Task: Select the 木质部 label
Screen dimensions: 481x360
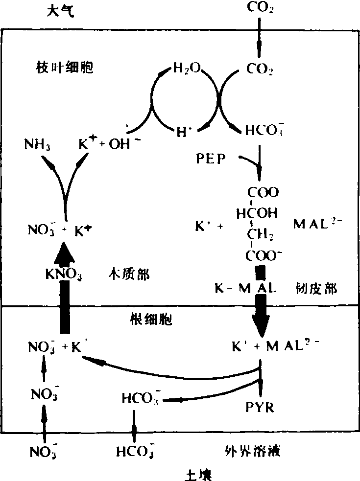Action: tap(128, 275)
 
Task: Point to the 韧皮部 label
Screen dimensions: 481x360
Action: tap(316, 288)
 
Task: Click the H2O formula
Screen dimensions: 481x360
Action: tap(187, 68)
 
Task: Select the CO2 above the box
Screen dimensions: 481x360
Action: tap(260, 8)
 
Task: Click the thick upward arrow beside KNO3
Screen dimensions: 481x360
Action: tap(63, 289)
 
